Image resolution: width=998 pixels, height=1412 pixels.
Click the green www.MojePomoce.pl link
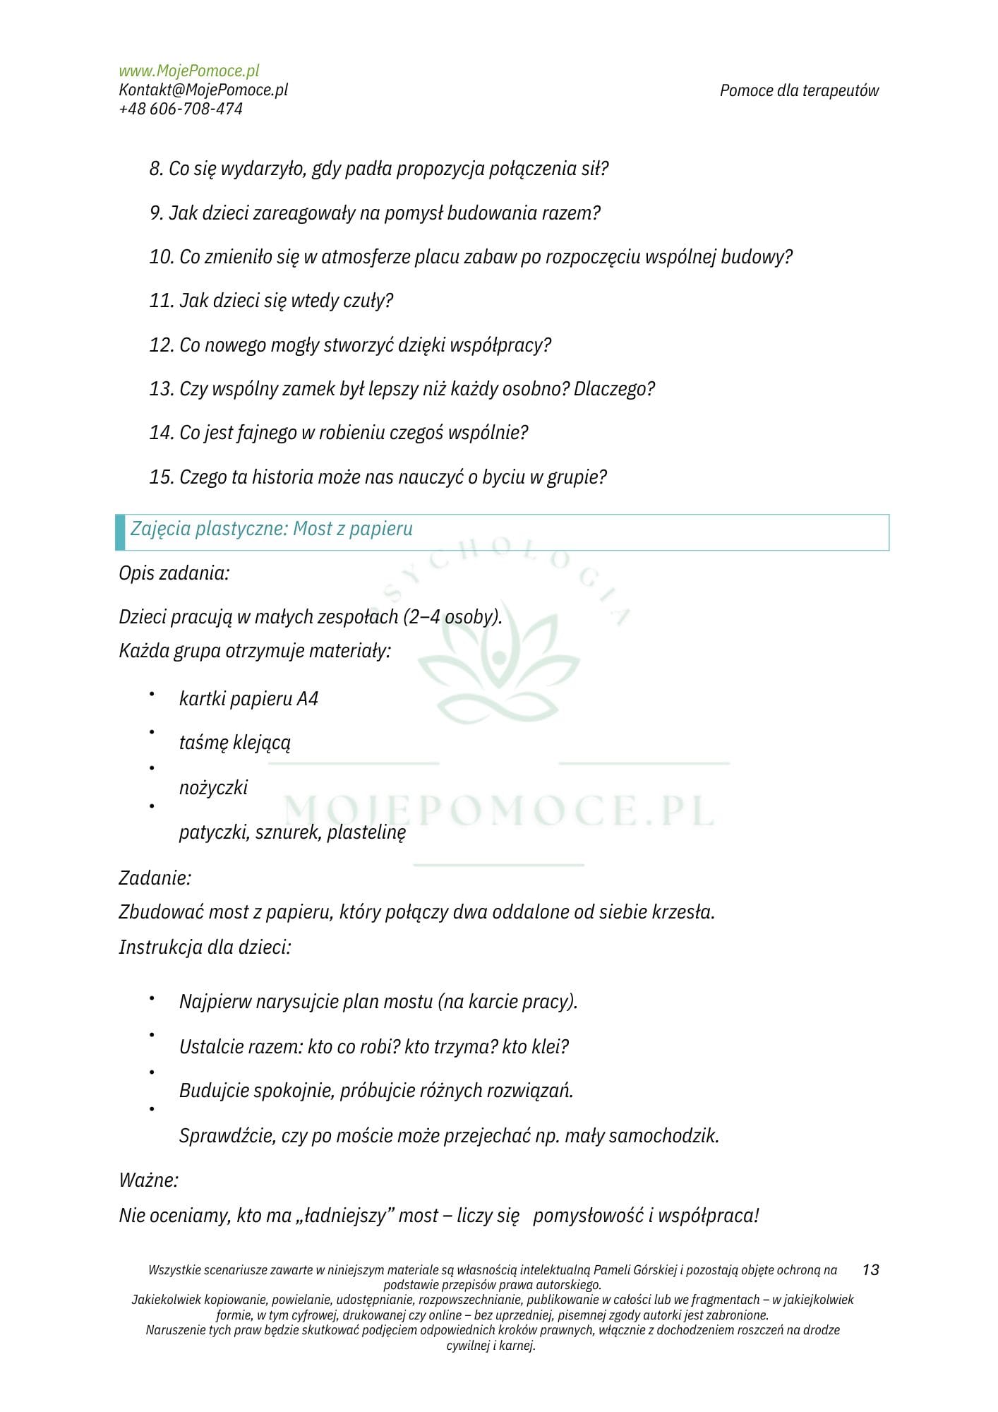click(188, 71)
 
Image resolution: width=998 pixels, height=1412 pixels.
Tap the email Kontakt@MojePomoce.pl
click(203, 90)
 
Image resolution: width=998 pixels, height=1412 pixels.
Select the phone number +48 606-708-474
click(181, 109)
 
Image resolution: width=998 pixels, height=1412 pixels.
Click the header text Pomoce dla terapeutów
click(799, 90)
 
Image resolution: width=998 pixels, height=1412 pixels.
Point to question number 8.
click(378, 169)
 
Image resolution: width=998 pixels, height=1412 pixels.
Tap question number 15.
click(378, 477)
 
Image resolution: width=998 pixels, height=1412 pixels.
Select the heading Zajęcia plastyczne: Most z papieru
click(272, 529)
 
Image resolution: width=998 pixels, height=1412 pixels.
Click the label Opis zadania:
click(174, 573)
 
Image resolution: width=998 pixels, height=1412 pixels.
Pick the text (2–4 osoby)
click(452, 617)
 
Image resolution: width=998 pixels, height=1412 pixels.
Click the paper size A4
click(308, 699)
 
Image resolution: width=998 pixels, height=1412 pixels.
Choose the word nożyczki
click(213, 788)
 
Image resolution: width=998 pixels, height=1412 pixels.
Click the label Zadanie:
click(155, 878)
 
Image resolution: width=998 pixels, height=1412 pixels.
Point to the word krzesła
click(680, 912)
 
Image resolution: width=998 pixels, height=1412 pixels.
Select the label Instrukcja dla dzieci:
click(205, 947)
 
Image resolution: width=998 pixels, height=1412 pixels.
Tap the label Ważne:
click(149, 1180)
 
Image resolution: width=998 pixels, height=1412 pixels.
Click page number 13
click(870, 1270)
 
